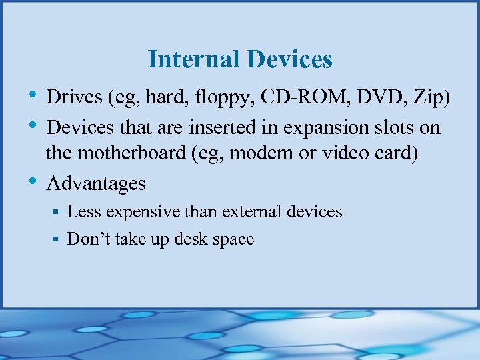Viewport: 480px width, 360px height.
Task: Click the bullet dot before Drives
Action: (x=33, y=97)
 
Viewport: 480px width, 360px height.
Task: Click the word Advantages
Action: (x=96, y=183)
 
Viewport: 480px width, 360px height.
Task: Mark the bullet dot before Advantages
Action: (x=33, y=181)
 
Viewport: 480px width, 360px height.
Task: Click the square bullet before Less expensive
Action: (x=57, y=212)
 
